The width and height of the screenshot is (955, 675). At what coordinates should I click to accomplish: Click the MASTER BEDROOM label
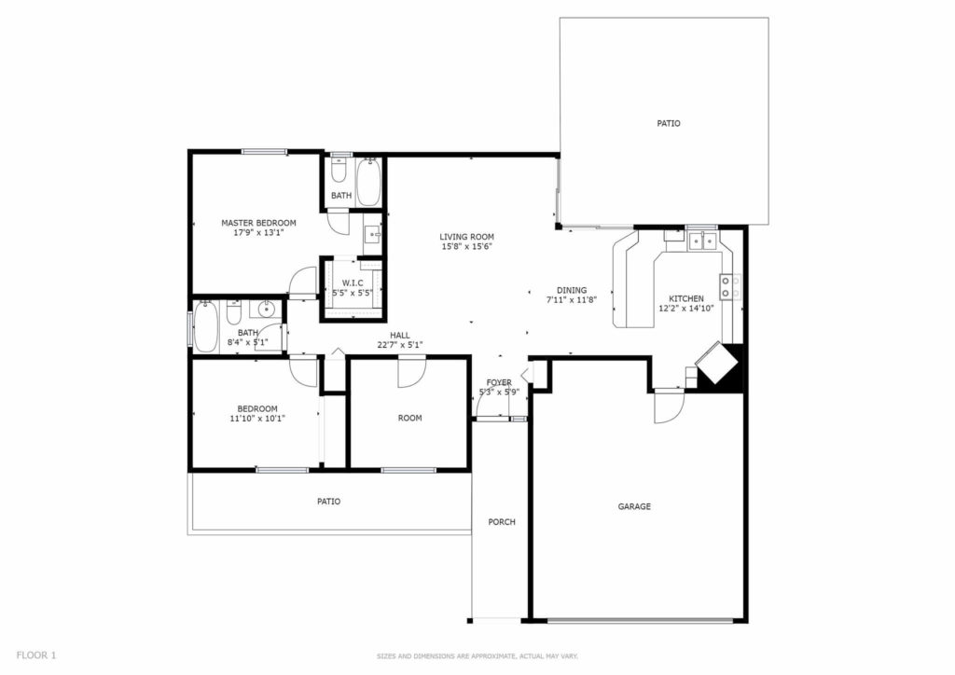[x=258, y=223]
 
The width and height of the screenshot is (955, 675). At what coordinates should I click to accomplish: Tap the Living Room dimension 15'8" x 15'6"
[x=466, y=246]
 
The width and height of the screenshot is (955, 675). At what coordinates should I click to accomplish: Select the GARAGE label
[x=634, y=506]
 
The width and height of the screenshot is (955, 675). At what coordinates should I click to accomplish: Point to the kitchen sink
[x=701, y=241]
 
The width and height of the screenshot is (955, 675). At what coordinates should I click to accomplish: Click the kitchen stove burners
[x=731, y=286]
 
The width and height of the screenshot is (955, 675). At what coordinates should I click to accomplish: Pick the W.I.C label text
[x=353, y=283]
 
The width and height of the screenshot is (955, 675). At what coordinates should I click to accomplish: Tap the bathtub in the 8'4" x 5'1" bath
[x=205, y=326]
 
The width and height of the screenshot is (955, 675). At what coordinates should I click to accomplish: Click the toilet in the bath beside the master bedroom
[x=339, y=170]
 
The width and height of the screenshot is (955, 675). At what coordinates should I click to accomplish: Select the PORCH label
[x=502, y=522]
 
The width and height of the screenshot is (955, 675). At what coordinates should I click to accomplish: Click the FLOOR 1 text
[x=36, y=655]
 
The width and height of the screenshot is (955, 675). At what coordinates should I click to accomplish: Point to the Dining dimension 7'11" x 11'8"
[x=572, y=299]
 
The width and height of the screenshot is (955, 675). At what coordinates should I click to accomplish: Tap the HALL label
[x=400, y=336]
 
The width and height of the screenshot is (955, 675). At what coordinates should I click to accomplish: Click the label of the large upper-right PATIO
[x=668, y=124]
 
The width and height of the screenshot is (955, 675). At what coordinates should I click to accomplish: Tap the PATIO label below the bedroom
[x=329, y=502]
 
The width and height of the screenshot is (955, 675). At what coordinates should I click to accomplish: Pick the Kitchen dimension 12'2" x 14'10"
[x=686, y=309]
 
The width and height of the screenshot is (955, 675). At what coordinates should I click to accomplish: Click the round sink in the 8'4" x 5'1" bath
[x=267, y=310]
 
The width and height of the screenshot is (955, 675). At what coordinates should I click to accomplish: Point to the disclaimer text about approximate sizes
[x=477, y=656]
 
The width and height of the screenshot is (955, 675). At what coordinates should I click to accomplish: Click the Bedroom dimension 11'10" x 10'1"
[x=257, y=419]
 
